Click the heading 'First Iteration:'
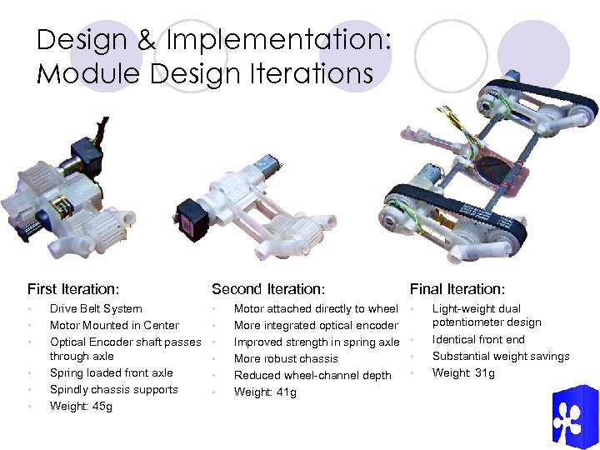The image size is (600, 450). point(73,290)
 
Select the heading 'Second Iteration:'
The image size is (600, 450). point(267,290)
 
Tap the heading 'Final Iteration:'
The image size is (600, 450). point(457,290)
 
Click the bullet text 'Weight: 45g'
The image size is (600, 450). point(81,407)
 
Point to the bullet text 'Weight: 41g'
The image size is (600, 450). point(265,392)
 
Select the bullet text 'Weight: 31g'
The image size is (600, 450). point(463,372)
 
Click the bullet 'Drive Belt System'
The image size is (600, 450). point(96,308)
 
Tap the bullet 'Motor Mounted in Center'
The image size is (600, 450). point(114,325)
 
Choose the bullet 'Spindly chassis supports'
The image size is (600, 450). point(113,389)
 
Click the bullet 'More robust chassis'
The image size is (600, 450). point(286,358)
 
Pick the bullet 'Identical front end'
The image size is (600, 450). point(478,339)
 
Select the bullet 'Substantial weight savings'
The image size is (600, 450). point(501,356)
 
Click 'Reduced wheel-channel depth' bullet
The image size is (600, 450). point(312,375)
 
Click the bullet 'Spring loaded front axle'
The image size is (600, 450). point(112,372)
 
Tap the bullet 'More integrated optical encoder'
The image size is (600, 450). point(316,325)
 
